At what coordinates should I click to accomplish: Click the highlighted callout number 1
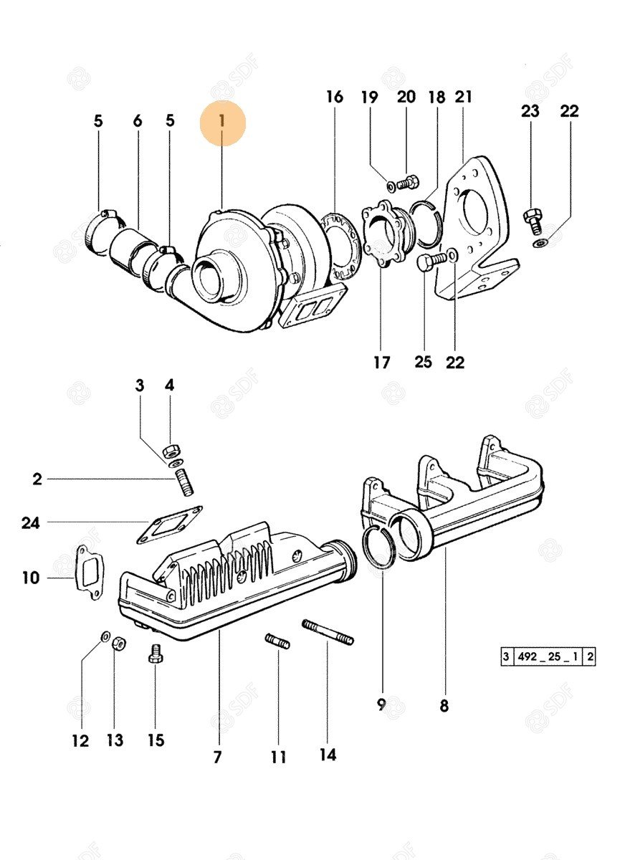click(222, 122)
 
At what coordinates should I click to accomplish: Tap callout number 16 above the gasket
click(335, 97)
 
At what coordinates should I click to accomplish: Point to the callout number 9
click(381, 704)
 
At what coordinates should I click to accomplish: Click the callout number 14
click(328, 755)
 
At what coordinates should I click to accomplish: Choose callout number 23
click(530, 111)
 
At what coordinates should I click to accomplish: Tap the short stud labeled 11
click(277, 640)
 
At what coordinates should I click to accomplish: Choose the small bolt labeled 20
click(406, 183)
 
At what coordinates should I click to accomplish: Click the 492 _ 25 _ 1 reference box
click(548, 656)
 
